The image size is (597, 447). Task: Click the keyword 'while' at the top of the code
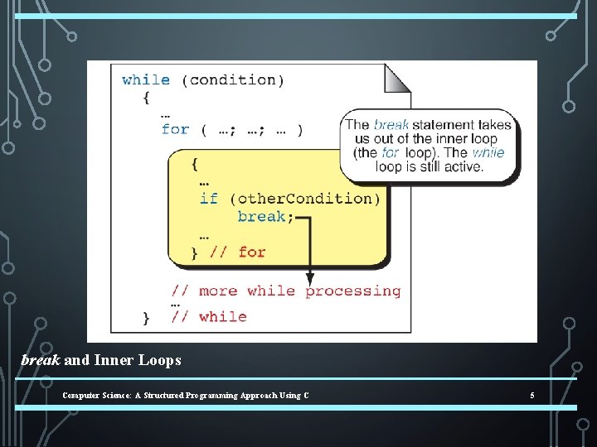[146, 80]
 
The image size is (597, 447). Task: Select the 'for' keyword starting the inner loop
[175, 129]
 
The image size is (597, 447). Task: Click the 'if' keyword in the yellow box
[208, 199]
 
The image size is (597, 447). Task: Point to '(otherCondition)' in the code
[304, 199]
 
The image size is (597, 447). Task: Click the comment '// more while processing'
[286, 291]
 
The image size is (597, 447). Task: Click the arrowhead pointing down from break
[310, 279]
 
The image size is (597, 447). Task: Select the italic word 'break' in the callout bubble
[391, 125]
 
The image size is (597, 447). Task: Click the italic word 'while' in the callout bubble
[488, 153]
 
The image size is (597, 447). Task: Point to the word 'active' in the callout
[462, 166]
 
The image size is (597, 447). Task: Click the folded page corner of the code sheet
[397, 77]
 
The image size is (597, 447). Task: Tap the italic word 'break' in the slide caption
[40, 360]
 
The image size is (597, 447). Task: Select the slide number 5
[532, 396]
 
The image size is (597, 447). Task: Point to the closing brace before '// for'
[195, 253]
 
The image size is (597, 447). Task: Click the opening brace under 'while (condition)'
[146, 98]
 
